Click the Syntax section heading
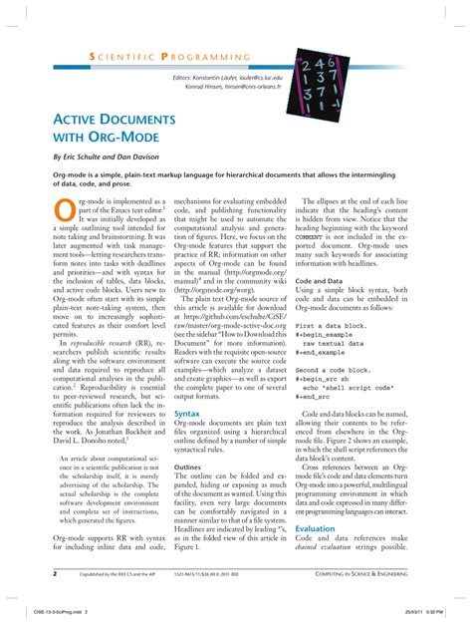pyautogui.click(x=187, y=413)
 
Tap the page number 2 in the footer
pyautogui.click(x=54, y=574)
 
